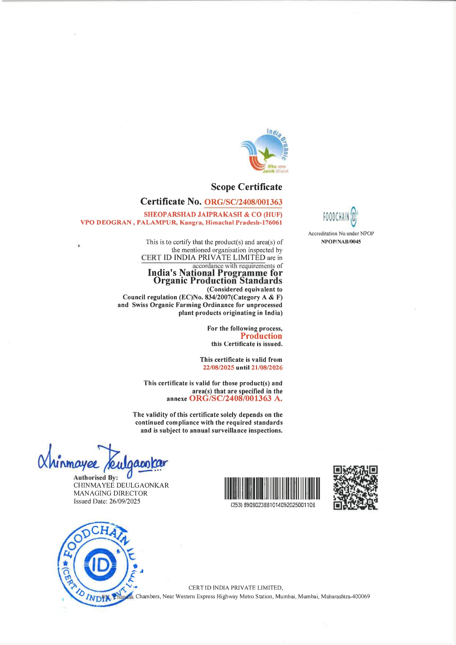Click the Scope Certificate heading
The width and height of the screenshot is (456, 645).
click(246, 187)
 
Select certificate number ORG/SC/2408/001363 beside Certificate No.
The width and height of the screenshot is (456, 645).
click(243, 202)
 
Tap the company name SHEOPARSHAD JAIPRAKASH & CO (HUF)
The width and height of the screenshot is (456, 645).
click(213, 214)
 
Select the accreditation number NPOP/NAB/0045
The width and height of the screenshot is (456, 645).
click(341, 242)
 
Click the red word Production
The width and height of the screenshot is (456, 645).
click(261, 336)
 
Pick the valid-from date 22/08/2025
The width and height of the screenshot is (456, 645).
click(218, 367)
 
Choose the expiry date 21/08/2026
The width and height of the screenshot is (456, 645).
click(267, 367)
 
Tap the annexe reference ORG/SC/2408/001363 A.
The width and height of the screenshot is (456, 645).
click(236, 398)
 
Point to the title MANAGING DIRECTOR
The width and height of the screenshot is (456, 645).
click(110, 493)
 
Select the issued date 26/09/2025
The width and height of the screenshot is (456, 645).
click(125, 501)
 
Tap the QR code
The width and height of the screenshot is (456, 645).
click(356, 488)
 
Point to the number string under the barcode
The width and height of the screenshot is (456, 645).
click(272, 505)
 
